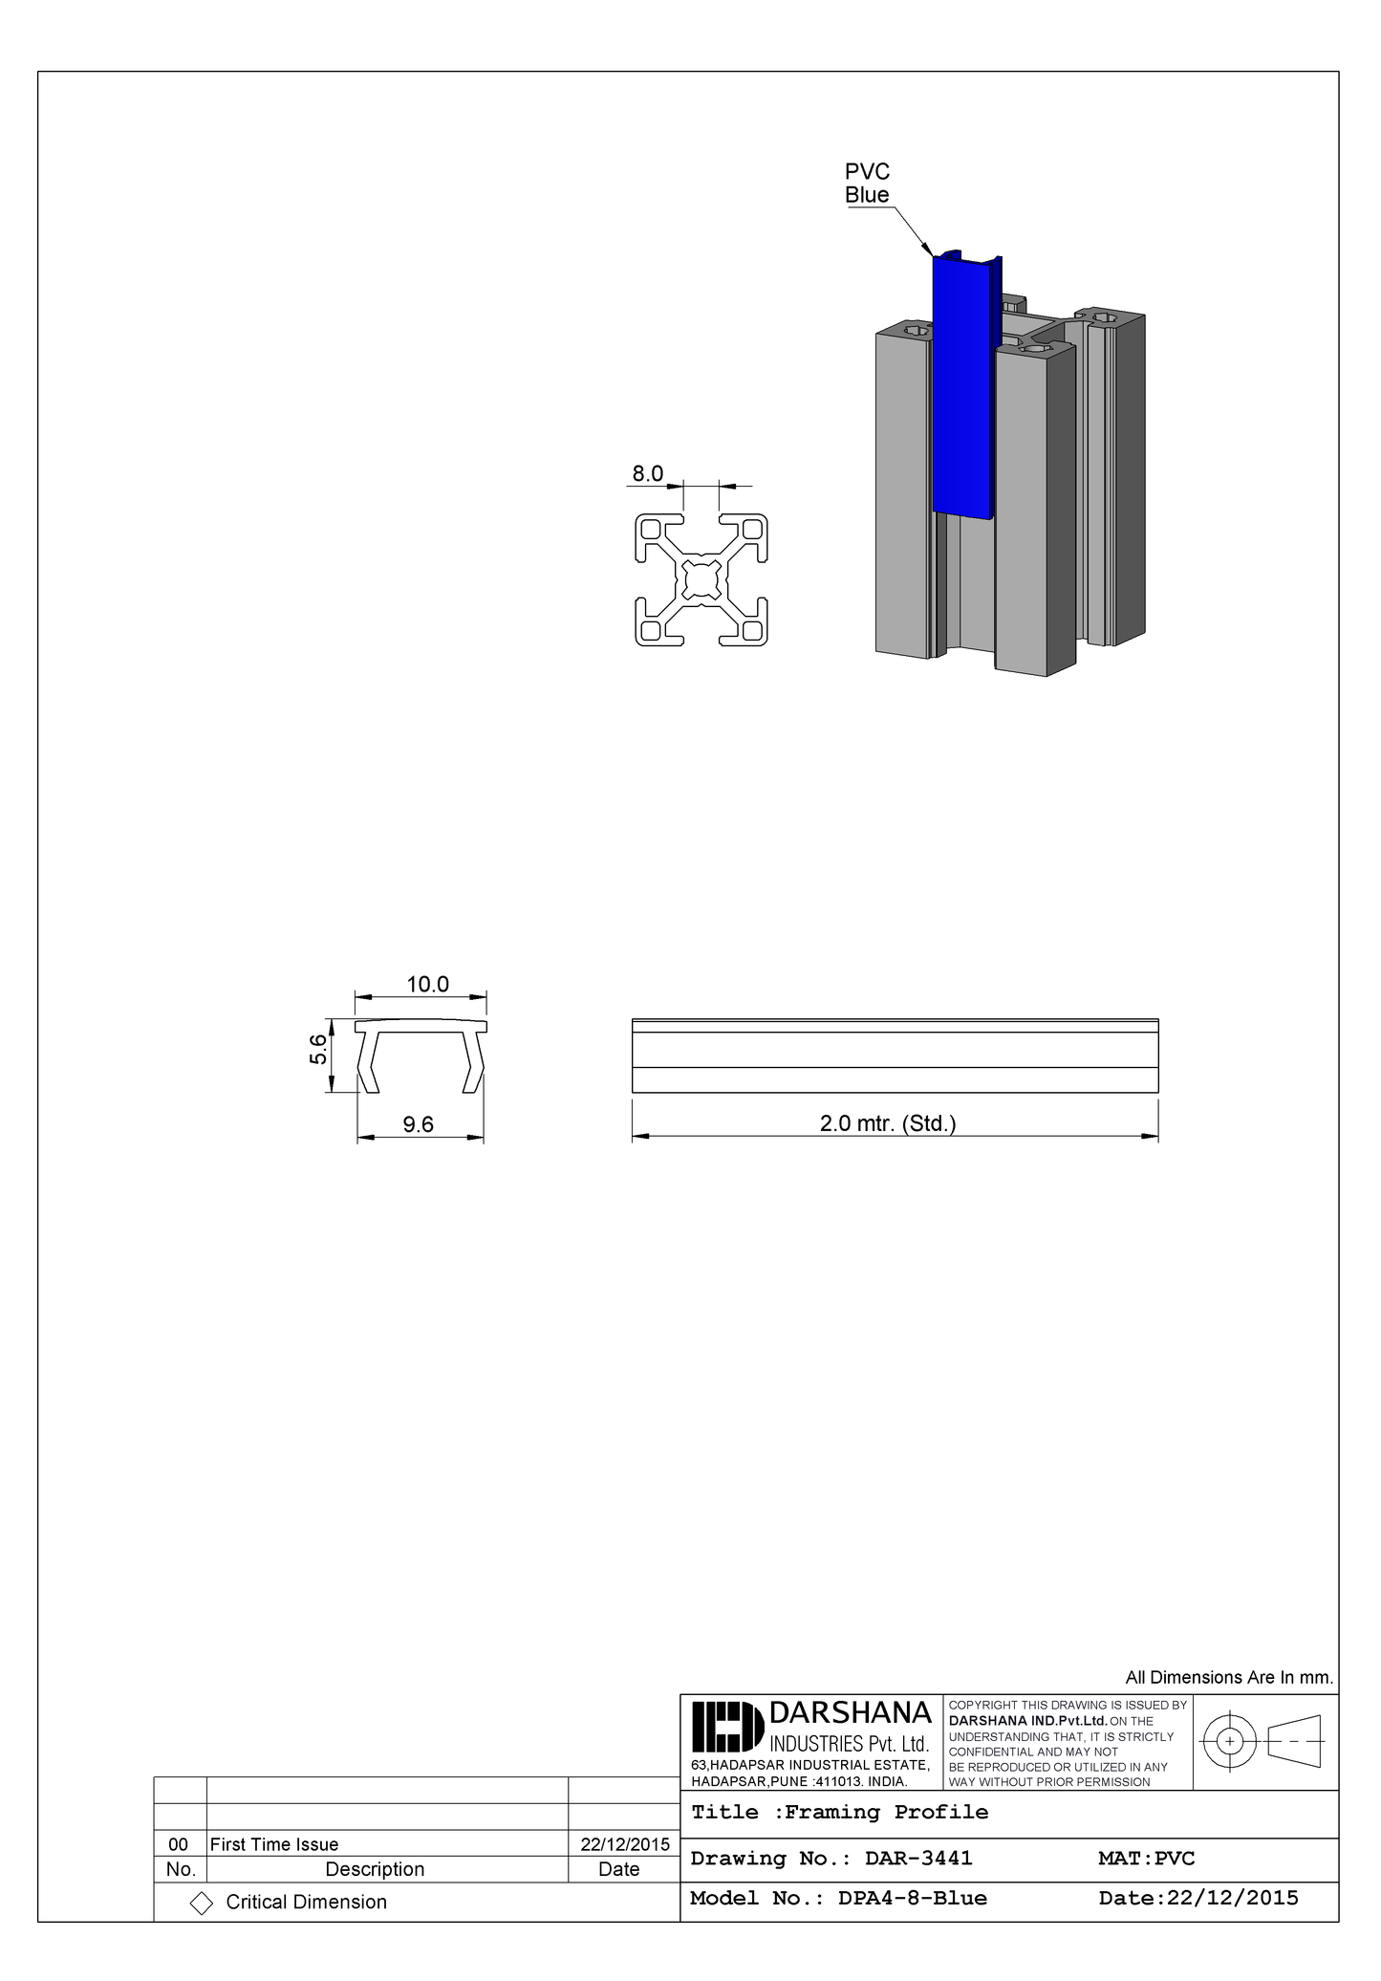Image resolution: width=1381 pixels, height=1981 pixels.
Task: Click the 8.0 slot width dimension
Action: [x=647, y=473]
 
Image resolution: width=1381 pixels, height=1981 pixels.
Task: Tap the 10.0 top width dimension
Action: [x=427, y=985]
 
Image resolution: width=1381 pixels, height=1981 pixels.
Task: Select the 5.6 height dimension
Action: [x=318, y=1053]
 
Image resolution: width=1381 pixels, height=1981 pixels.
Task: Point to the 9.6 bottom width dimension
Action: [x=418, y=1124]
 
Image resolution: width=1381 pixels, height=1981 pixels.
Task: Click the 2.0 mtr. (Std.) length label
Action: [x=887, y=1123]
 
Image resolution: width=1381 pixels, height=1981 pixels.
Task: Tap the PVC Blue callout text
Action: [x=867, y=183]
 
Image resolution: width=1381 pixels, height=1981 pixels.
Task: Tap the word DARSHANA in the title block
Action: [x=850, y=1712]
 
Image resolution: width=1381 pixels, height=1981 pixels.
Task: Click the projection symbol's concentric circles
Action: [x=1230, y=1739]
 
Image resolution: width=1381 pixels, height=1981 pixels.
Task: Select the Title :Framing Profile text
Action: [x=839, y=1812]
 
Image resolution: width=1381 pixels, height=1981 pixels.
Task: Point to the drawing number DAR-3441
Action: [x=917, y=1858]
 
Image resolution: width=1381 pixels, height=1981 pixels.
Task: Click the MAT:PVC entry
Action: [x=1146, y=1858]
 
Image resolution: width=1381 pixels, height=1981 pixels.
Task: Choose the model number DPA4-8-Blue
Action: [x=912, y=1898]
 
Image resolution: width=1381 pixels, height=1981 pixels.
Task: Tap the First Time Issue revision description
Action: [x=274, y=1844]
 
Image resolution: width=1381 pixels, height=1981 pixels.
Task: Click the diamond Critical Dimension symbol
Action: [x=202, y=1903]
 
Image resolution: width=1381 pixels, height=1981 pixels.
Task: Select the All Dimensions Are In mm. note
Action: [x=1228, y=1677]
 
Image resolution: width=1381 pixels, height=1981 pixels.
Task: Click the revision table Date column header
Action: [x=618, y=1869]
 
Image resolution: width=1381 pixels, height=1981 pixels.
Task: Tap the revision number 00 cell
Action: [x=179, y=1844]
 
